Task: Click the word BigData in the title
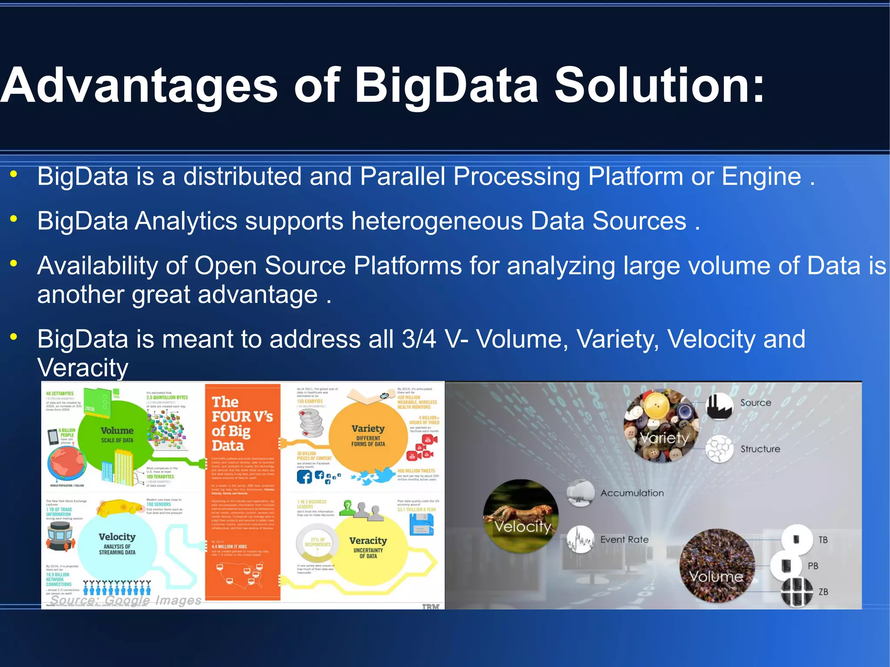(x=447, y=86)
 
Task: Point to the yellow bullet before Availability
(x=14, y=263)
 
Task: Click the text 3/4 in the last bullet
(x=419, y=339)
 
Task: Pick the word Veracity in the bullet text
(x=83, y=368)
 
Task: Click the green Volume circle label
(x=117, y=431)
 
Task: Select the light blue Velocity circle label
(x=117, y=538)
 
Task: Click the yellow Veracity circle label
(x=368, y=541)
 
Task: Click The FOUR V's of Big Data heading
(x=242, y=424)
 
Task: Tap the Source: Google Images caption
(x=126, y=600)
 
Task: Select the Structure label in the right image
(x=760, y=449)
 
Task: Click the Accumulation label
(x=632, y=493)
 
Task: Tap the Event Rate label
(x=624, y=540)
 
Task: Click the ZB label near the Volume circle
(x=823, y=592)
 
